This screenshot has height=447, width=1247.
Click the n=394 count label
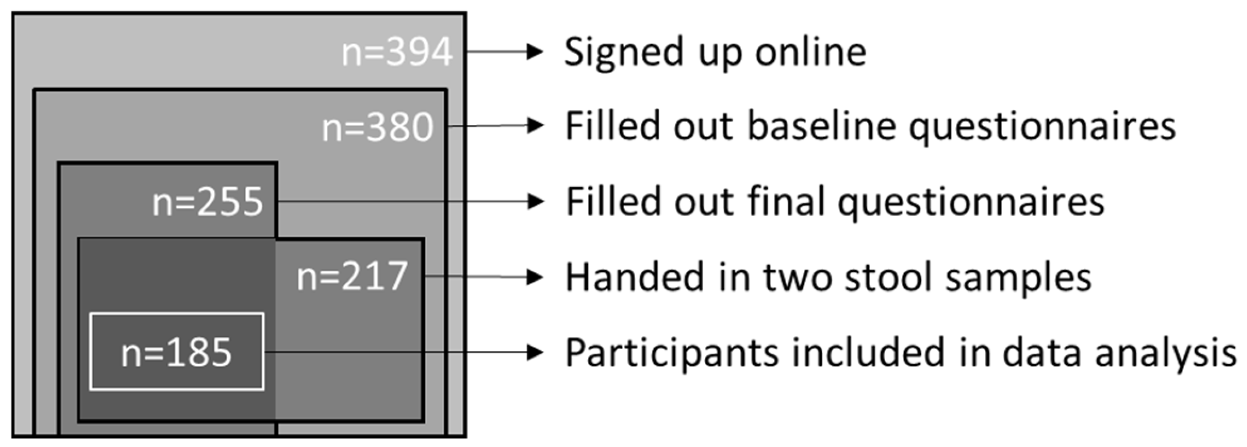coord(397,52)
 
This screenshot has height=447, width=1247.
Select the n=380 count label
coord(377,127)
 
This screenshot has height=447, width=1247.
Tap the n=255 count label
coord(208,202)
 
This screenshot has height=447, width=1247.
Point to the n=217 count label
coord(352,277)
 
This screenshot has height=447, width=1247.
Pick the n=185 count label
coord(177,353)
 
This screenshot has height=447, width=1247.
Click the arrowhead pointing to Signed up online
coord(535,51)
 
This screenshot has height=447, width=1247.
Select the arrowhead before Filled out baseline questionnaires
coord(535,126)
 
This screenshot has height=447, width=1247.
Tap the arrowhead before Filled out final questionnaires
coord(535,201)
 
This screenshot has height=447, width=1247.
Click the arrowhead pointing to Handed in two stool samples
coord(535,277)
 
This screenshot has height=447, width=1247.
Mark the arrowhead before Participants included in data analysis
coord(535,352)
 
